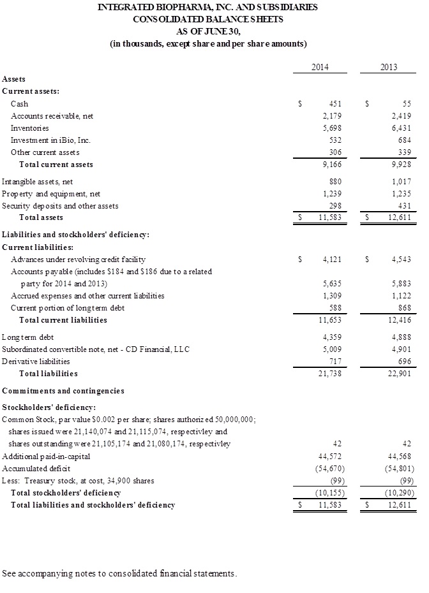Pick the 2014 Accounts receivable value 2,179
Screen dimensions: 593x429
333,115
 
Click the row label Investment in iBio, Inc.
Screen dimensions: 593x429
50,140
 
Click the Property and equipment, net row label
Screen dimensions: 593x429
51,194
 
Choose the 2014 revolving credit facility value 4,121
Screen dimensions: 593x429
333,260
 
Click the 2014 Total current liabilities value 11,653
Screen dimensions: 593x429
331,320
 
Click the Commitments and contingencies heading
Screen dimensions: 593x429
63,390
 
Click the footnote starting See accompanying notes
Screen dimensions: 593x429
119,573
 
